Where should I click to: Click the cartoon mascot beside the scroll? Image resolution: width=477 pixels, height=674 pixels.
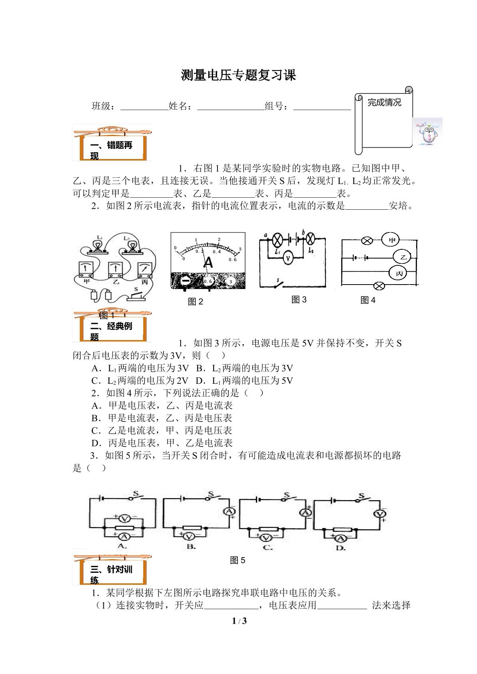(x=428, y=133)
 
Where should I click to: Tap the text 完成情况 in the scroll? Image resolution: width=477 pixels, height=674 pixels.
(x=384, y=102)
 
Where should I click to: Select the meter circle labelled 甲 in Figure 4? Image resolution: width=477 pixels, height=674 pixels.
(x=390, y=240)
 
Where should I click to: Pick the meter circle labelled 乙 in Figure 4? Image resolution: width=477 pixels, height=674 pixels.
(x=403, y=257)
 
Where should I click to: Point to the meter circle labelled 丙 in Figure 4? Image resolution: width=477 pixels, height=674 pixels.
(x=397, y=273)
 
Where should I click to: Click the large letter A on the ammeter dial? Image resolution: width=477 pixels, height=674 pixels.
(x=208, y=263)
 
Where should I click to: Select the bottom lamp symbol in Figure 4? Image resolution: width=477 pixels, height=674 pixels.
(x=379, y=286)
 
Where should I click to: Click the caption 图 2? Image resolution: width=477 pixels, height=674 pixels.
(x=195, y=301)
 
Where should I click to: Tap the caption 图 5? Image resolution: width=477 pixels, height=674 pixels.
(x=237, y=560)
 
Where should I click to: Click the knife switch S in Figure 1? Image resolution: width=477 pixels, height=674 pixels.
(x=136, y=295)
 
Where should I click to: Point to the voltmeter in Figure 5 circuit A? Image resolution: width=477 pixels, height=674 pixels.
(x=124, y=518)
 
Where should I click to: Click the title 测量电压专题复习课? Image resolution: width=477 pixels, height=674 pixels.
(x=239, y=75)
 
